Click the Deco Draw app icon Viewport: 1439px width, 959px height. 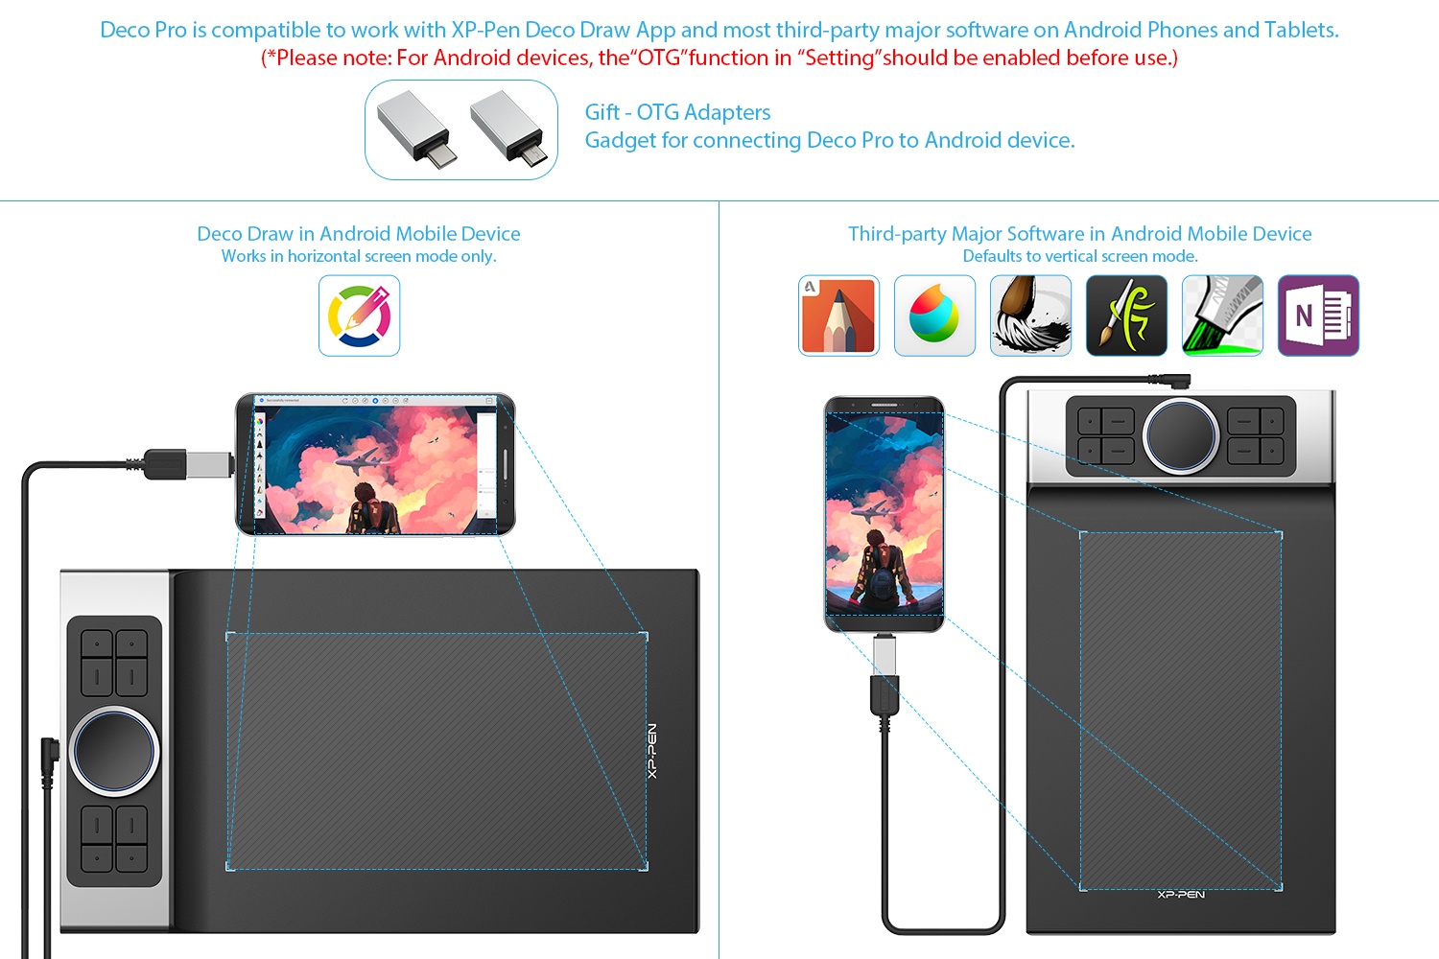[359, 316]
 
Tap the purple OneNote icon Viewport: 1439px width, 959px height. [1318, 316]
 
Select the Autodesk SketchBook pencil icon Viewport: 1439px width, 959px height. [838, 316]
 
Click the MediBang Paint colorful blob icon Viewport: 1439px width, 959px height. [934, 316]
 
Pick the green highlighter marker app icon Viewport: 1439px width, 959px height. [1222, 316]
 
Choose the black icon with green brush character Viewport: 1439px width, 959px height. [1126, 316]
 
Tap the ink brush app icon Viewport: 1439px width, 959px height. [1030, 316]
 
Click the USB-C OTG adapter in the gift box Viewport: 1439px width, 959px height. [416, 129]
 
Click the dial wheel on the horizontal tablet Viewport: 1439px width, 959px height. [114, 751]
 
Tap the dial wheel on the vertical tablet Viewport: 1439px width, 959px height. [1181, 436]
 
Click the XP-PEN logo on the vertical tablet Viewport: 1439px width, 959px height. [1181, 894]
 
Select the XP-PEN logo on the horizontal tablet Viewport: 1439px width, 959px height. [652, 751]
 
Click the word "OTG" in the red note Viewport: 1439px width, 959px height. [659, 58]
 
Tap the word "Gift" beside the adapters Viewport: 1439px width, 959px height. [602, 112]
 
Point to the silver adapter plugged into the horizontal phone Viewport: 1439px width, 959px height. [210, 464]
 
